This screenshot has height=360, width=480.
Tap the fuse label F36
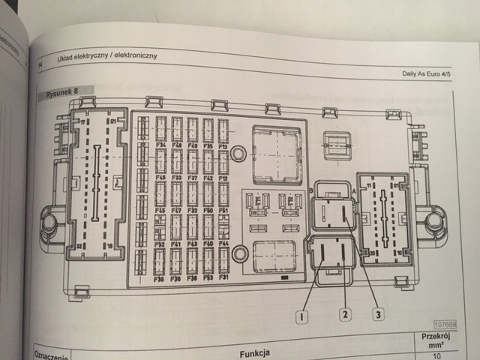click(x=159, y=278)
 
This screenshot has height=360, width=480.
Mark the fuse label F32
click(x=160, y=244)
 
